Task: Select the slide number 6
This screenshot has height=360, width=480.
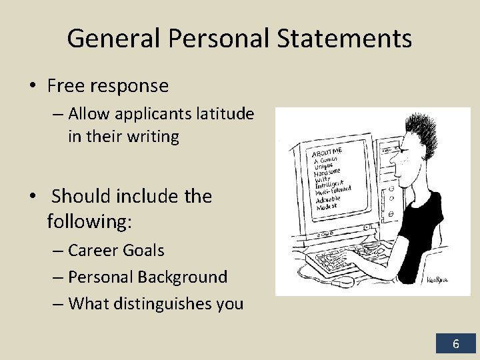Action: [x=456, y=344]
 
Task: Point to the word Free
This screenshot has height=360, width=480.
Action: [x=69, y=86]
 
